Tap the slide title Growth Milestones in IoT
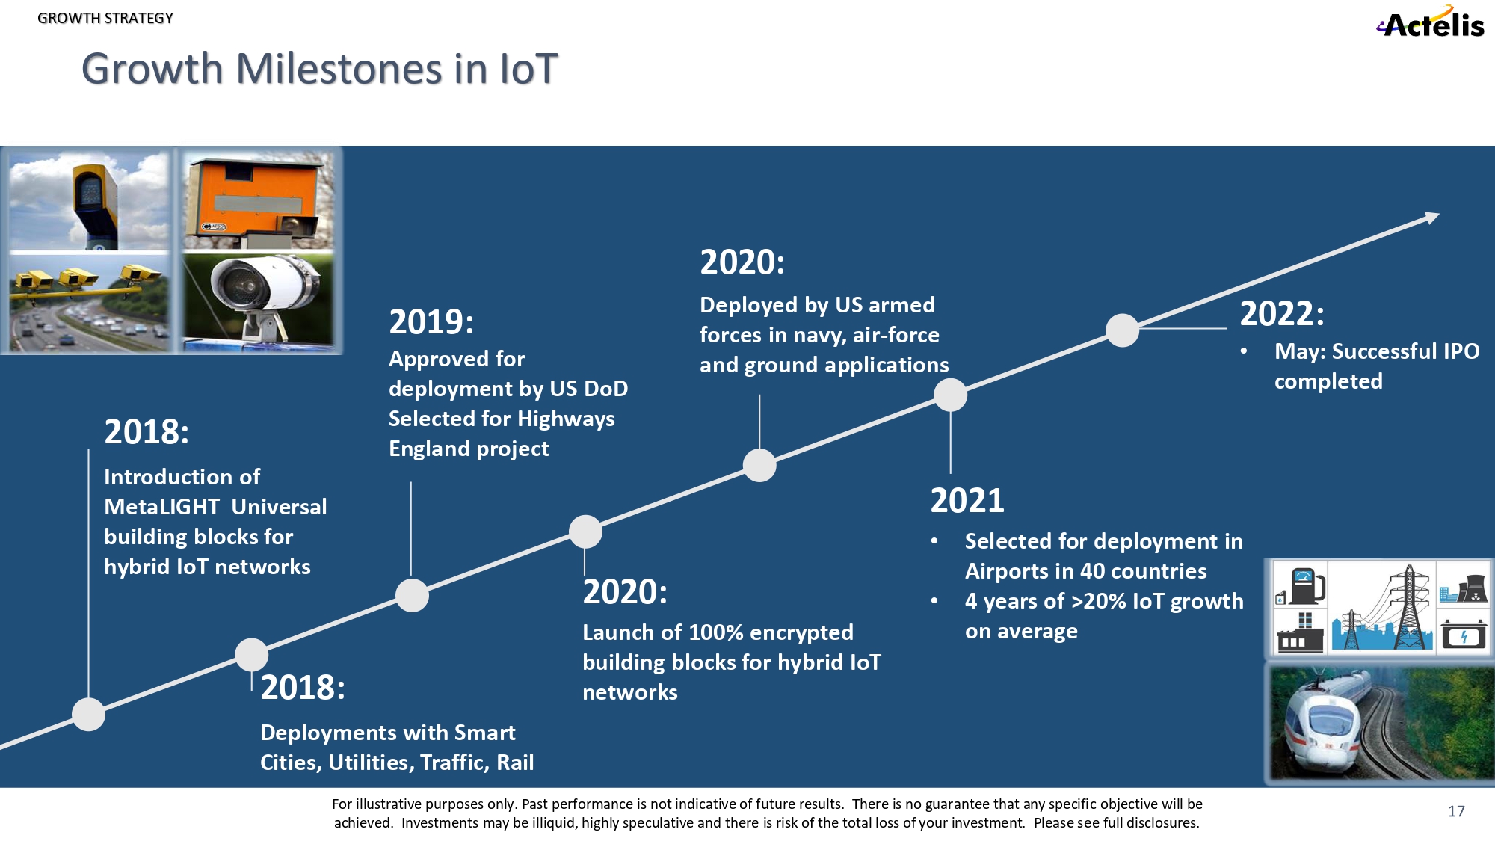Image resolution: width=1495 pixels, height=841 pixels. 319,69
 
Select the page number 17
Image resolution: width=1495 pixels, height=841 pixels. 1456,811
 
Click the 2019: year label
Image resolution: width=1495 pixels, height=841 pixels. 431,322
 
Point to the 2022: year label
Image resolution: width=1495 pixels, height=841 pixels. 1281,314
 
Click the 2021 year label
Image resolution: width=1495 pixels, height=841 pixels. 967,501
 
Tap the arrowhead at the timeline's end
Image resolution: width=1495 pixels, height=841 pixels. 1431,218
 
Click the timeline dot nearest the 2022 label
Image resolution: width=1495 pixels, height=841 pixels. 1122,330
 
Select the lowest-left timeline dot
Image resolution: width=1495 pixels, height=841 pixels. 88,714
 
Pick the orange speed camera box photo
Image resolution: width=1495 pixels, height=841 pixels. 258,200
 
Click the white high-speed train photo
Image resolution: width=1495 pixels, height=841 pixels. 1379,724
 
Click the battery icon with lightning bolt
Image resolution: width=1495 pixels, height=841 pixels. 1463,635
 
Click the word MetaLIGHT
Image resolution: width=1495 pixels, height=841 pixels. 161,507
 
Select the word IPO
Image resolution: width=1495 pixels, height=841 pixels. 1461,351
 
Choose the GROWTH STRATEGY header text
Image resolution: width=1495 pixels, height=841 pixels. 105,18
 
